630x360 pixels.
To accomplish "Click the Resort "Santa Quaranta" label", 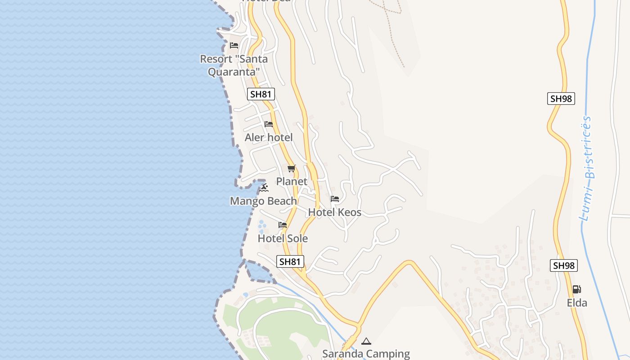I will click(x=234, y=65).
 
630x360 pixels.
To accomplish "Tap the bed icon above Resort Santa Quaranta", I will click(x=234, y=45).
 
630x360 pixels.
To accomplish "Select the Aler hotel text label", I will click(x=269, y=137).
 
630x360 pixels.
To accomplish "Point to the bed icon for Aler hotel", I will click(x=269, y=124).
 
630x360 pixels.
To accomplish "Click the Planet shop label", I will click(x=292, y=181).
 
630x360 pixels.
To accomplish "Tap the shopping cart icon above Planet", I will click(x=292, y=169).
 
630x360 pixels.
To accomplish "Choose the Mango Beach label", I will click(x=263, y=201).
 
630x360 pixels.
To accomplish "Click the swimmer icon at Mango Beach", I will click(x=264, y=188).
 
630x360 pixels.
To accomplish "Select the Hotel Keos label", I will click(x=335, y=212).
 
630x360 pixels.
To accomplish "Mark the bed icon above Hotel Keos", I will click(x=335, y=199).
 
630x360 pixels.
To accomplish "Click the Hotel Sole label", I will click(x=283, y=238).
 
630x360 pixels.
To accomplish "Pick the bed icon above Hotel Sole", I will click(x=283, y=225).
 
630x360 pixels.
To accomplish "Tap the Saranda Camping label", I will click(x=366, y=354).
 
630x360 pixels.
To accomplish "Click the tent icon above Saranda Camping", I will click(x=366, y=341).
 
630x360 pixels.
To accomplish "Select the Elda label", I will click(x=577, y=302).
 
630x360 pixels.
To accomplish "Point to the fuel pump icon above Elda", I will click(x=576, y=289).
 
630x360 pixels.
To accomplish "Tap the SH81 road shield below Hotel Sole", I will click(x=290, y=261).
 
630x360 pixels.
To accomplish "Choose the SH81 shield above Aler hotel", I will click(x=261, y=94).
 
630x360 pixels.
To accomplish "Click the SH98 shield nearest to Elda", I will click(x=563, y=265).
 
